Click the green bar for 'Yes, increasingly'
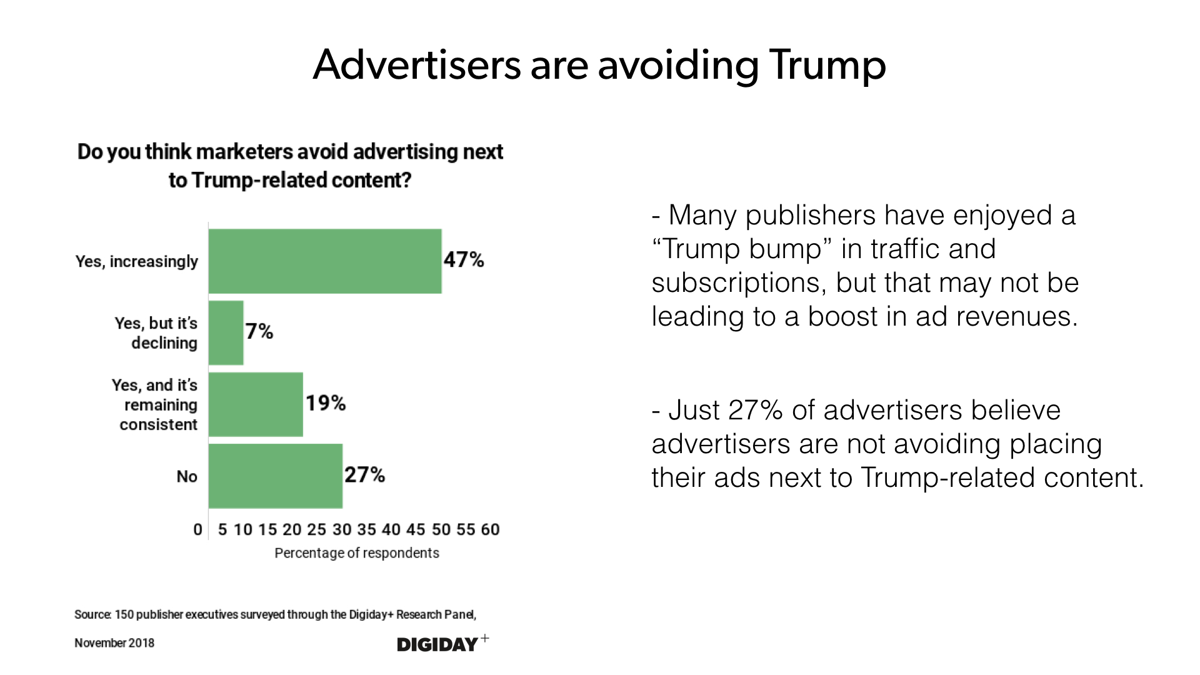[x=325, y=261]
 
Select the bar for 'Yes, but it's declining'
[x=226, y=332]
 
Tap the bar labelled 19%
[x=256, y=404]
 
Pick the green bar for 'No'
[x=275, y=476]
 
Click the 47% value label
[x=464, y=260]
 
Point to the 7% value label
[x=259, y=331]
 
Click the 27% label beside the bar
[x=364, y=475]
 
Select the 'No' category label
[x=187, y=477]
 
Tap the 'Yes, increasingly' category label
[x=137, y=261]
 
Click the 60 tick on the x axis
[x=490, y=530]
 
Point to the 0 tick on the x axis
[x=197, y=530]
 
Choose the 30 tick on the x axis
[x=342, y=530]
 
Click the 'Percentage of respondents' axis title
[x=356, y=553]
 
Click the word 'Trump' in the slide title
[x=827, y=65]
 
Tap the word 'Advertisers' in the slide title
[x=416, y=65]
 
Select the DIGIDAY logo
[x=438, y=644]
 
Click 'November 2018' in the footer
[x=114, y=643]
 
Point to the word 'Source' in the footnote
[x=92, y=614]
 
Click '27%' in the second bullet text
[x=755, y=411]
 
